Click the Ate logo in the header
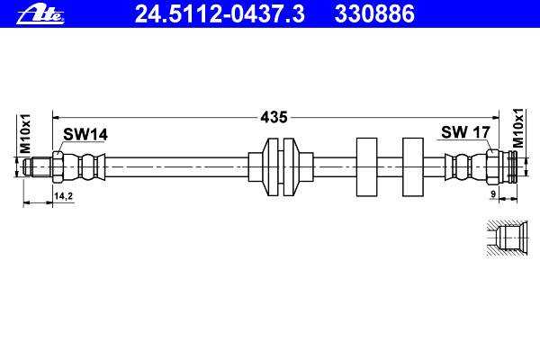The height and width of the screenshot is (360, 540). coord(40,15)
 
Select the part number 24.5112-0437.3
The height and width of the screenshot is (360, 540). coord(220,14)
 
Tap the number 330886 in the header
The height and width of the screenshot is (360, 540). coord(374,14)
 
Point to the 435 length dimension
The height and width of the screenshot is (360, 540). coord(274,117)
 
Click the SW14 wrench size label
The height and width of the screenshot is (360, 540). coord(85,134)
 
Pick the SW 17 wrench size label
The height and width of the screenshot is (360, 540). coord(465,132)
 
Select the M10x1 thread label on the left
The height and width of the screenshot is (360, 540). coord(25,133)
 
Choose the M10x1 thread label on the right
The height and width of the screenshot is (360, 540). coord(517,128)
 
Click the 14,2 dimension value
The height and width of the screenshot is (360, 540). coord(63,196)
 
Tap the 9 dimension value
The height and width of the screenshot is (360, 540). coord(493,194)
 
